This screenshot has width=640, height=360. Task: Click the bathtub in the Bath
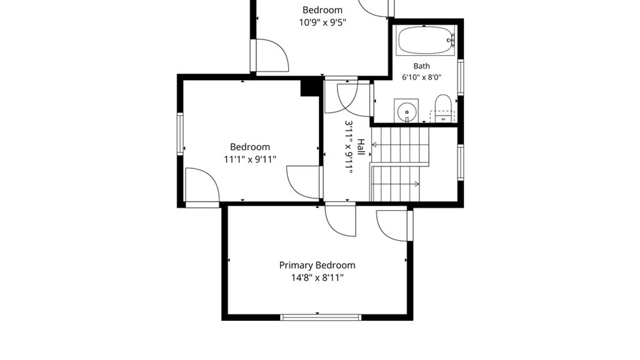425,40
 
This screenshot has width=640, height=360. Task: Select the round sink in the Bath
407,111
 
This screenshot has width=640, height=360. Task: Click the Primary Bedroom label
317,265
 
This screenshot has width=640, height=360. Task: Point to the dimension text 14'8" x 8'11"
317,278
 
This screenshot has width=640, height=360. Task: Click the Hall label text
361,147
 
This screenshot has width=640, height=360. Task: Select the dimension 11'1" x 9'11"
250,159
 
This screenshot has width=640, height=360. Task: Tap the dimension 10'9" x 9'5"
322,22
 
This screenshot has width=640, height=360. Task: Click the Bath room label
421,66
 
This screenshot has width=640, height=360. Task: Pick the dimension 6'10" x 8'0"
421,77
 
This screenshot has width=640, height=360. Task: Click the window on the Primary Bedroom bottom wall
320,317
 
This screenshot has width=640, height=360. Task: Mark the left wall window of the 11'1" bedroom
180,134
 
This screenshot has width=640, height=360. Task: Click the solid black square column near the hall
310,87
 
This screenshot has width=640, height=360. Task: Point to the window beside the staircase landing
460,162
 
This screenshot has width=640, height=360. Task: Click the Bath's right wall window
460,77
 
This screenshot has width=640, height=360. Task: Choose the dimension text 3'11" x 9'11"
349,147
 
